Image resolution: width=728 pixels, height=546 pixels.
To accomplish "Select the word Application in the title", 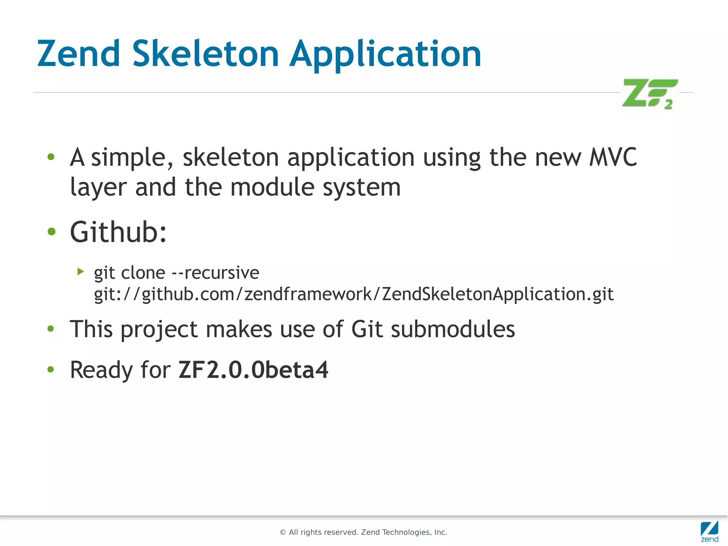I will (x=385, y=54).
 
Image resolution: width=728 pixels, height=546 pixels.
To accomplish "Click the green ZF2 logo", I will (x=649, y=94).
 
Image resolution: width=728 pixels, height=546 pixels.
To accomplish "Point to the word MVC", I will (x=613, y=157).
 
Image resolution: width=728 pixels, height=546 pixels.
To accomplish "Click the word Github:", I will (x=118, y=232).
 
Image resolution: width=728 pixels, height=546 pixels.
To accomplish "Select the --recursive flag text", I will (x=215, y=273).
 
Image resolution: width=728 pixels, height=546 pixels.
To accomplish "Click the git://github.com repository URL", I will (x=354, y=294).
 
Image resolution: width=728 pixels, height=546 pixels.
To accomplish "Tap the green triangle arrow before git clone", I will (x=81, y=272).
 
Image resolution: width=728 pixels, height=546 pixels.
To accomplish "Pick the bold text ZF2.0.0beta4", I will (x=253, y=370).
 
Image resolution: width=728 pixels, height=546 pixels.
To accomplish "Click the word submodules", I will (x=453, y=329).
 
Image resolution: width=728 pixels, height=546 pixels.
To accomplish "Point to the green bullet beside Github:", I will (x=52, y=232).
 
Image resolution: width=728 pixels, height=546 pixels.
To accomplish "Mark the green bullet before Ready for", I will (x=51, y=370).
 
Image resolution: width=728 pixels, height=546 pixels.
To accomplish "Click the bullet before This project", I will (x=51, y=329).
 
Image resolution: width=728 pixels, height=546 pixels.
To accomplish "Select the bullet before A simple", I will (x=51, y=157).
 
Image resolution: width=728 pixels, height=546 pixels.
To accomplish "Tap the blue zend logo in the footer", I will (x=710, y=531).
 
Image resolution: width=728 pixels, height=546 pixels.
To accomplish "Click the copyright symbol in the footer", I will (x=283, y=532).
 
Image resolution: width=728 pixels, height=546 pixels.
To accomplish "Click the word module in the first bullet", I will (x=272, y=187).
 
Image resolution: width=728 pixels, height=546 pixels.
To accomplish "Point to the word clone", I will (x=143, y=273).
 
